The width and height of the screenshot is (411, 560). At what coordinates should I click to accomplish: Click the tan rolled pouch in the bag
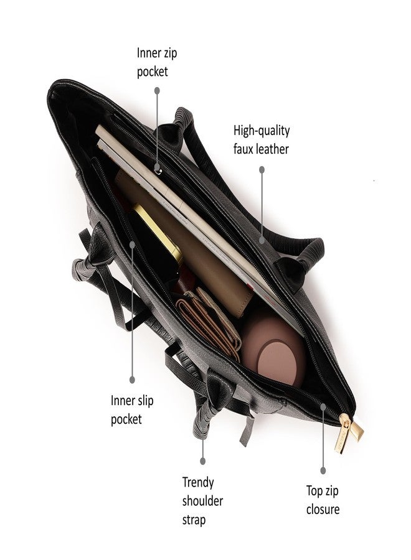[186, 243]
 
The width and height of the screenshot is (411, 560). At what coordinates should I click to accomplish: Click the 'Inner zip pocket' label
[156, 62]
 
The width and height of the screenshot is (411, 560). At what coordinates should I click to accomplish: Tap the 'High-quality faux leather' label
[262, 139]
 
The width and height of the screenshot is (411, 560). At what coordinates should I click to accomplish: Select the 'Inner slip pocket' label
[132, 409]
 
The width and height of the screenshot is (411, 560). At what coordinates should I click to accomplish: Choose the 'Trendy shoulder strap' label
[202, 501]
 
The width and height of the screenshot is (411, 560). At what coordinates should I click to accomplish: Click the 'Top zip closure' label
[323, 500]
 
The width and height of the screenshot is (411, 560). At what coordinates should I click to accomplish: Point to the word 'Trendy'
[198, 482]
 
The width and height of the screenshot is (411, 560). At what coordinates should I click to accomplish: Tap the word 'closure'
[323, 509]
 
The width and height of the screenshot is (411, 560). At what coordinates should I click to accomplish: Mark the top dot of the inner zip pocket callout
[157, 91]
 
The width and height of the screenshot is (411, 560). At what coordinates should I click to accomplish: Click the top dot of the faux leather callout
[262, 170]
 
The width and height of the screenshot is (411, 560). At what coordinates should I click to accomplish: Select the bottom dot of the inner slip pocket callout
[132, 380]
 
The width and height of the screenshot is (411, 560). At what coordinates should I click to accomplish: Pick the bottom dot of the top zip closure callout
[323, 470]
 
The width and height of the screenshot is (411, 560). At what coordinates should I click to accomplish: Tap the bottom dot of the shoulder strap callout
[202, 462]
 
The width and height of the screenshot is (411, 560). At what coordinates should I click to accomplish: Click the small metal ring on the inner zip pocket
[158, 172]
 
